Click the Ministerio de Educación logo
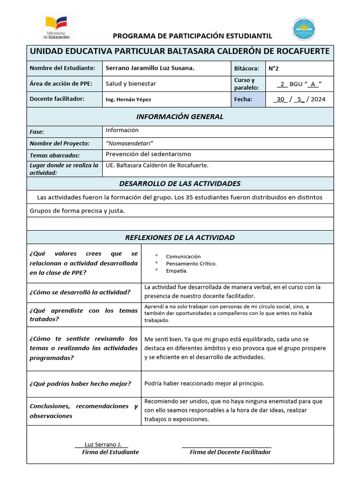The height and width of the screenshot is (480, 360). (x=56, y=27)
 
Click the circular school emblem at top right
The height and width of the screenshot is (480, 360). (x=303, y=29)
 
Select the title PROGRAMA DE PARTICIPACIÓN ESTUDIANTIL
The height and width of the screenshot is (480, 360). (x=192, y=36)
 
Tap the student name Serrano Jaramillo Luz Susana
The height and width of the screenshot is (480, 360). (x=150, y=68)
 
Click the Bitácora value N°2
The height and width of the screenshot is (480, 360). (x=274, y=68)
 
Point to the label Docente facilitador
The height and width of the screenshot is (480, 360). (x=57, y=98)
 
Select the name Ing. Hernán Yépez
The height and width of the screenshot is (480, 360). (x=128, y=99)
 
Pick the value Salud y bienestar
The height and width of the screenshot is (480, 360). (x=131, y=83)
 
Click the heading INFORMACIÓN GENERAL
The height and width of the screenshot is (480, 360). (x=180, y=117)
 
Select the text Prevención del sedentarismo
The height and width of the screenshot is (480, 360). (x=149, y=154)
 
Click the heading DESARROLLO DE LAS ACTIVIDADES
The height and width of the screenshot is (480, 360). (x=180, y=183)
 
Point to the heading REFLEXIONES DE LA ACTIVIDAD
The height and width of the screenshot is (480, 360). (x=180, y=238)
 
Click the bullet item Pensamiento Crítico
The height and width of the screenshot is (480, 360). (x=191, y=263)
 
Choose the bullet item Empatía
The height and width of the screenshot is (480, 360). (x=177, y=270)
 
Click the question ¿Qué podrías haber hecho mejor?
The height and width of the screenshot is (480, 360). (x=80, y=383)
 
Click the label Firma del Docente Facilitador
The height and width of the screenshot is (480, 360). (x=230, y=452)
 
